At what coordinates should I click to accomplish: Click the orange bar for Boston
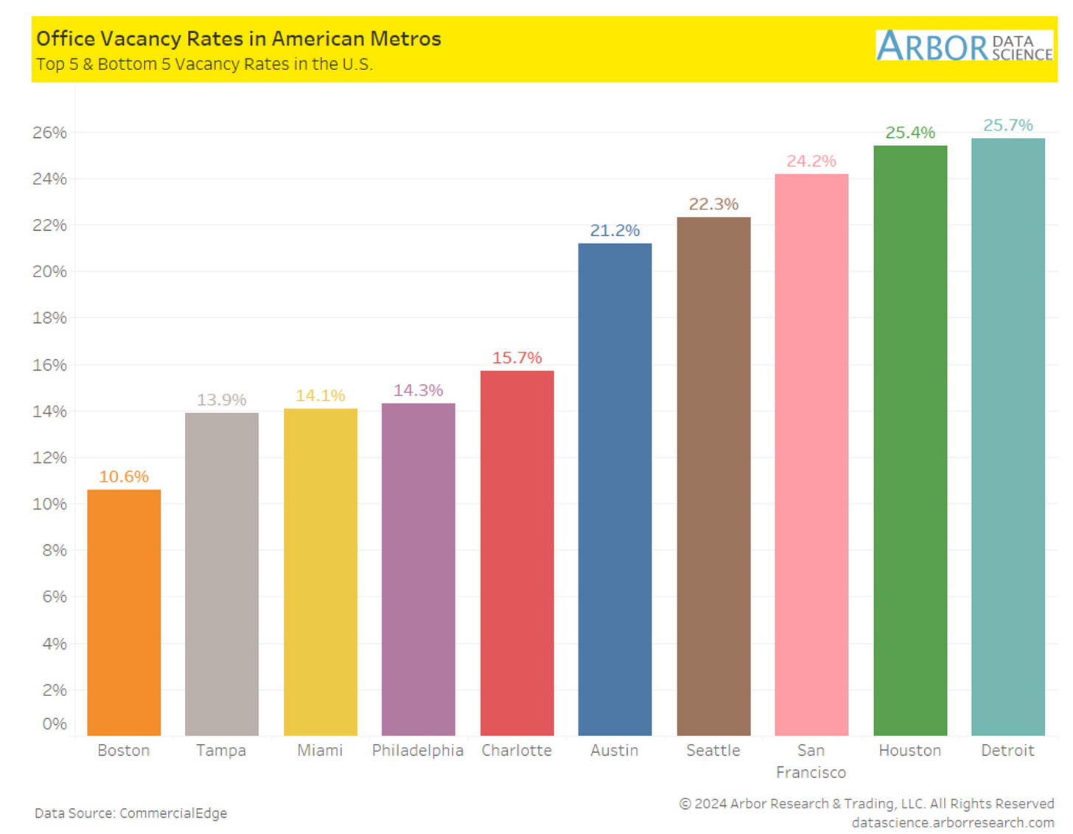(124, 612)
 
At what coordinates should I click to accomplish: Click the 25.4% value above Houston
(910, 133)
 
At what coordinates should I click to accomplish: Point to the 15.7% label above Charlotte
(517, 358)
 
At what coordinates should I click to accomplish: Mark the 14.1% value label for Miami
(320, 395)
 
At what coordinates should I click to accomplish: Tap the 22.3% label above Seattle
(713, 204)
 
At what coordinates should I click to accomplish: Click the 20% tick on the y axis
(49, 271)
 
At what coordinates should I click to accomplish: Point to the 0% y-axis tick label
(55, 723)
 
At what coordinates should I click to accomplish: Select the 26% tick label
(49, 133)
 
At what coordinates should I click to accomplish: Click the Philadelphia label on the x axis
(418, 750)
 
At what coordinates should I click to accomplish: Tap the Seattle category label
(713, 750)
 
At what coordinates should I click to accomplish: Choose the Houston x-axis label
(910, 750)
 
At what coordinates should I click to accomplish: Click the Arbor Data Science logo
(964, 46)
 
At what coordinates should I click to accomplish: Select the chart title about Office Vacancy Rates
(239, 38)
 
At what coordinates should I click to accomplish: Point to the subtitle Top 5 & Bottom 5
(205, 64)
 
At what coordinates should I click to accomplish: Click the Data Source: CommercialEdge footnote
(131, 813)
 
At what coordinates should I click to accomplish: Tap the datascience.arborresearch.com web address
(953, 822)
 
